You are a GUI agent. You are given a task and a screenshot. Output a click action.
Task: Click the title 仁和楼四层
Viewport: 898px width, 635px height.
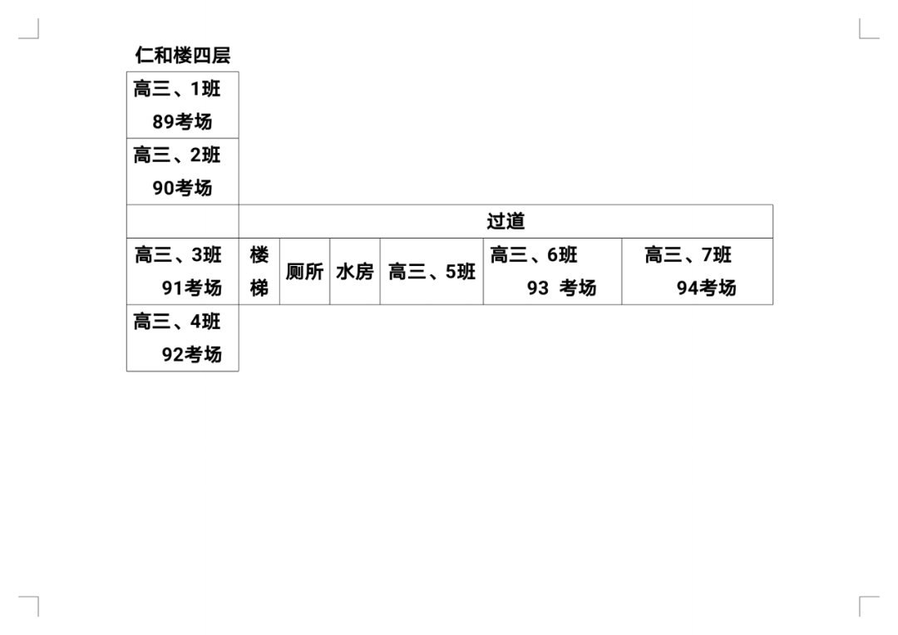(x=183, y=56)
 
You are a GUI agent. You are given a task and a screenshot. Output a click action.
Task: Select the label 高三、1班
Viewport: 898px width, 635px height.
(x=177, y=89)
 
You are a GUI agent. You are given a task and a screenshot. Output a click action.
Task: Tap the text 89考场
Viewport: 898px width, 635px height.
(x=182, y=122)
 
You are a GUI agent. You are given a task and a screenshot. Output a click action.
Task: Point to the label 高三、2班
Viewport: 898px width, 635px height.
(x=177, y=155)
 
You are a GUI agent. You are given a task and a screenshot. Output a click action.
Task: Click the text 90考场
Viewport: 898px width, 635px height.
(x=182, y=189)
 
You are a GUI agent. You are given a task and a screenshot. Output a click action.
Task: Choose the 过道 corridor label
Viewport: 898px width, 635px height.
(x=506, y=222)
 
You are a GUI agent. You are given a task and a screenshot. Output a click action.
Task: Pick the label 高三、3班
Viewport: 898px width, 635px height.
(x=178, y=255)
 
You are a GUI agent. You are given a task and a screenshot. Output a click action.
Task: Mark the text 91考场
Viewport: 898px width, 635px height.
(x=192, y=288)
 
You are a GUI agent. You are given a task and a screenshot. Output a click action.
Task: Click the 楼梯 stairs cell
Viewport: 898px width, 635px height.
(x=259, y=272)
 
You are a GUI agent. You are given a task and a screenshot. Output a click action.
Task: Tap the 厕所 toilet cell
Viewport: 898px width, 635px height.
(x=304, y=272)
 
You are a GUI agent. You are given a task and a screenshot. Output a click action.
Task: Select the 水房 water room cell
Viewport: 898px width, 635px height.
(x=355, y=272)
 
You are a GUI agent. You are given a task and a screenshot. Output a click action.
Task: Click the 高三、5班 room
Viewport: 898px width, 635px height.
(x=432, y=272)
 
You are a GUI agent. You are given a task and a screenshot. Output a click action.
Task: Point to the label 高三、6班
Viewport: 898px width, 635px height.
(x=534, y=255)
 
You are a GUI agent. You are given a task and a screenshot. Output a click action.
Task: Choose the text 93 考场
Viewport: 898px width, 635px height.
(x=561, y=288)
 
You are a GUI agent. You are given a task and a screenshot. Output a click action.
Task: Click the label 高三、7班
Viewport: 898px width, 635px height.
(x=688, y=255)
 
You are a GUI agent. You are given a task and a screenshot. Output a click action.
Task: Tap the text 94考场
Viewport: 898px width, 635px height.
(x=706, y=288)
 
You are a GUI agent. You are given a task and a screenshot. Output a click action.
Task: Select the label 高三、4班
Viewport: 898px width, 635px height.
(x=177, y=322)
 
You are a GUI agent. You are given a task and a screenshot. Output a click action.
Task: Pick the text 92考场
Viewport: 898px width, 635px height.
(x=192, y=355)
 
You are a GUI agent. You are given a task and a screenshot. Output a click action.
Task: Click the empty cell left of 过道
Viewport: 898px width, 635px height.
(x=182, y=222)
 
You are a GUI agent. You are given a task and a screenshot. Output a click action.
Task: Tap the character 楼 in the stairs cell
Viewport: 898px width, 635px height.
(x=259, y=255)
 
